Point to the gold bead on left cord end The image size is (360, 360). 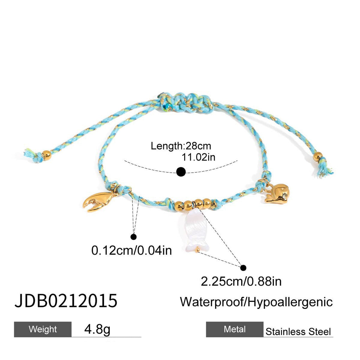tap(46, 155)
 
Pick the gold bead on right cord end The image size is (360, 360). tap(317, 156)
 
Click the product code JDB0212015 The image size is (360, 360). tap(66, 301)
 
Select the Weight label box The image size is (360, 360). tap(43, 329)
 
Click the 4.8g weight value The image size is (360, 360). tap(97, 329)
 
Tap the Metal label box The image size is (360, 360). tap(234, 329)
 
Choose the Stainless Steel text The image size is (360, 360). tap(298, 332)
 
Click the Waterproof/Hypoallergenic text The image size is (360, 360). tap(256, 302)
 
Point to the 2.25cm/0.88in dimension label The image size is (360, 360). tap(241, 281)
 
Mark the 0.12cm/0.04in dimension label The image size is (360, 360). tap(131, 250)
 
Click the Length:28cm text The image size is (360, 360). tap(181, 146)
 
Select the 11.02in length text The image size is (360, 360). tap(199, 157)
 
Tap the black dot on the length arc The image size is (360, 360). tap(181, 172)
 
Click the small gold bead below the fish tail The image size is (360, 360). tap(198, 250)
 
